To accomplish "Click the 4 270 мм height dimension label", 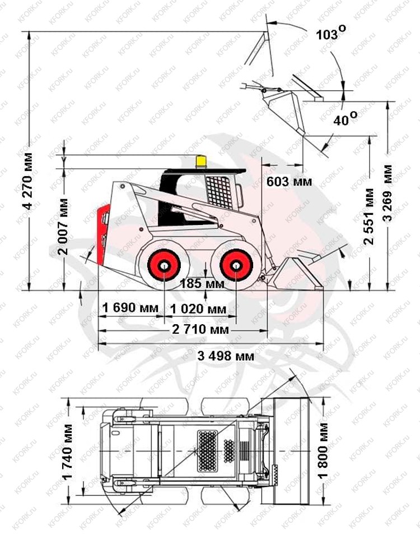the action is pos(28,181).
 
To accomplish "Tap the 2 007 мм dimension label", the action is pos(63,227).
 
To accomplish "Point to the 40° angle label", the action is pos(345,119).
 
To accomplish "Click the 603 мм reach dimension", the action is pos(289,182).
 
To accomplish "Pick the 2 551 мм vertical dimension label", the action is pos(369,217).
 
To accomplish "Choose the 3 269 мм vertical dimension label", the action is pos(388,194).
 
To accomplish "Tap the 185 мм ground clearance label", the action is pos(202,283).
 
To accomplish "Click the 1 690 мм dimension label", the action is pos(130,308).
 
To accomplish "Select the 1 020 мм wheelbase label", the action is pos(198,309).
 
